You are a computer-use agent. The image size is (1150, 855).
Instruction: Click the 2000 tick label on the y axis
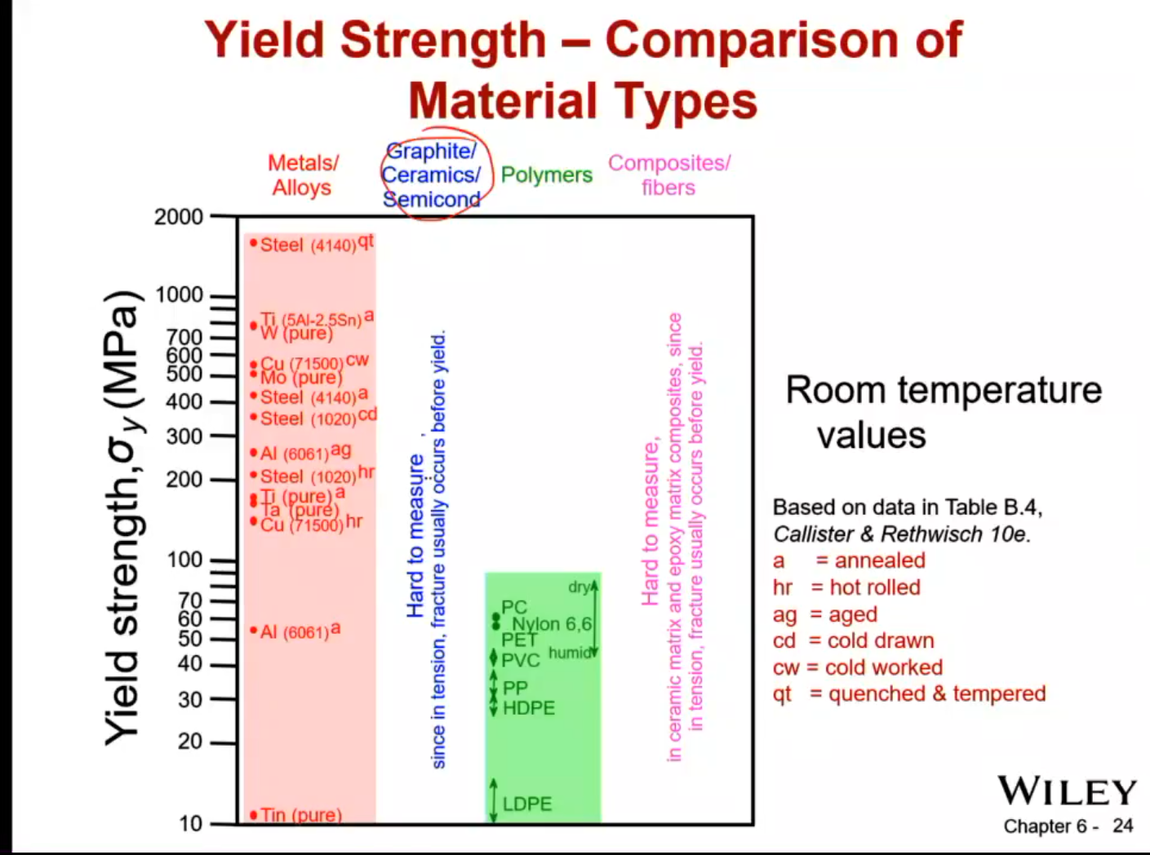click(179, 217)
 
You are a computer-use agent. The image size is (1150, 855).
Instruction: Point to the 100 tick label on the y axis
click(184, 560)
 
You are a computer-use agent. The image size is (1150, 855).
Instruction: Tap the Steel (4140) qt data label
click(315, 244)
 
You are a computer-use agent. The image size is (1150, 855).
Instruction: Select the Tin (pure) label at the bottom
click(300, 814)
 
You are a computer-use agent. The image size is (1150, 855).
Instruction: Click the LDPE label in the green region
click(527, 804)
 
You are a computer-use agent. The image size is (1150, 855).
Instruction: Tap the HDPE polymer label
click(529, 708)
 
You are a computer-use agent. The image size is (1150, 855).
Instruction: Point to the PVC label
click(521, 660)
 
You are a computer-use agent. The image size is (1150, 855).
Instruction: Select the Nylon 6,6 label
click(552, 624)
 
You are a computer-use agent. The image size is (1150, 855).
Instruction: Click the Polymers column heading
click(546, 175)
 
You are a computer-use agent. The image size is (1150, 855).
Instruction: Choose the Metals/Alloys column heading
click(303, 175)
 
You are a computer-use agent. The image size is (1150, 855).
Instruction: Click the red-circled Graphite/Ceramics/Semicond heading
click(432, 175)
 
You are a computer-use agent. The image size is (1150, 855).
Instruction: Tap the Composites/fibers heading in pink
click(668, 175)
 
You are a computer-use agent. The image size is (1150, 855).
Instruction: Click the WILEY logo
click(1067, 791)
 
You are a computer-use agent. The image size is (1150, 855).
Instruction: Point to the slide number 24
click(1123, 826)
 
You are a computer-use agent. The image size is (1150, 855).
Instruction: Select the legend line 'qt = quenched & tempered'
click(909, 693)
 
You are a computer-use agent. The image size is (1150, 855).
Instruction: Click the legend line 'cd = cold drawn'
click(854, 640)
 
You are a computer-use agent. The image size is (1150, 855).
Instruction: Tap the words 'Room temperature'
click(944, 390)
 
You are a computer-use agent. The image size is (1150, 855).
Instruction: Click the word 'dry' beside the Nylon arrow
click(579, 587)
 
